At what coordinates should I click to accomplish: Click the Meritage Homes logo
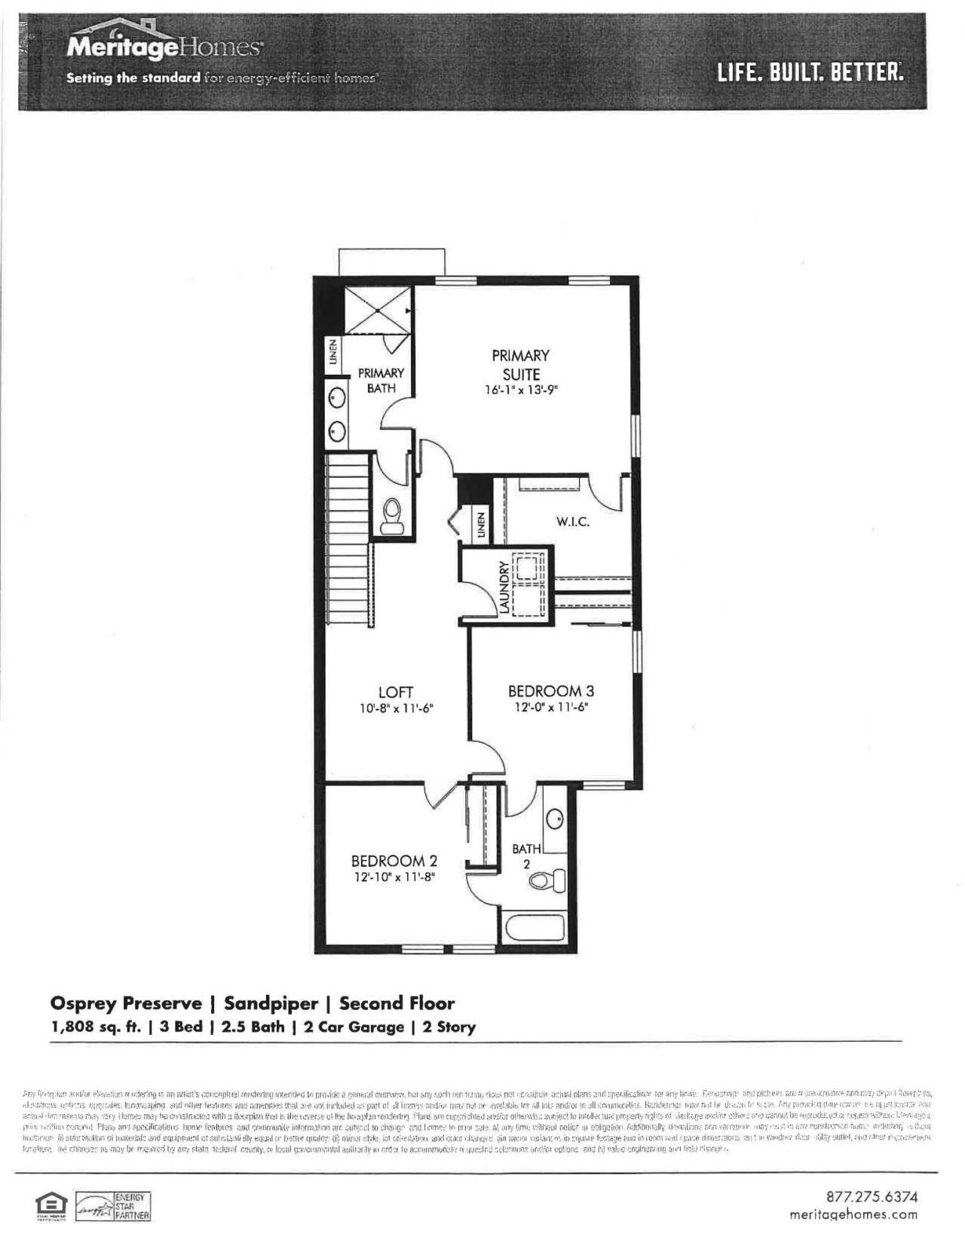[x=165, y=47]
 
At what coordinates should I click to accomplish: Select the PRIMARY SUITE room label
[x=520, y=364]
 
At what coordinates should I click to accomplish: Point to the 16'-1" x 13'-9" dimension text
[x=521, y=390]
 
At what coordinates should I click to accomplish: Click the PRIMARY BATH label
[x=381, y=380]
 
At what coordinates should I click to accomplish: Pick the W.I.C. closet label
[x=573, y=522]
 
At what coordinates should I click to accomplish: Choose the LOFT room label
[x=396, y=692]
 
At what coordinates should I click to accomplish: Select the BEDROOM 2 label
[x=394, y=861]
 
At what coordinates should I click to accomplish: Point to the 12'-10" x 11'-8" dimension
[x=394, y=877]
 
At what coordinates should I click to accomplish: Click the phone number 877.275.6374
[x=872, y=1197]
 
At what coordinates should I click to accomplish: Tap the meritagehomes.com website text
[x=853, y=1214]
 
